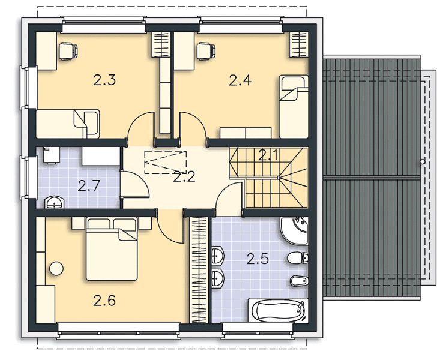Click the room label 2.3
tap(104, 80)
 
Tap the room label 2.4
tap(240, 80)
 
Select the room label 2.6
tap(104, 301)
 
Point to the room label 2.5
tap(258, 259)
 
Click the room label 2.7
tap(89, 186)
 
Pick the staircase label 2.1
tap(269, 155)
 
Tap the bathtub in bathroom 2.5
tap(279, 310)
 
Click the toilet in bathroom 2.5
tap(298, 257)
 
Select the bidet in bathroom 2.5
tap(299, 281)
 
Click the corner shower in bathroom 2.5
tap(294, 230)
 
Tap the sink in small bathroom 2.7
tap(54, 202)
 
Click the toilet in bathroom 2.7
tap(52, 155)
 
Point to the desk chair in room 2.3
tap(68, 51)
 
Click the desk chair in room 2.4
tap(206, 51)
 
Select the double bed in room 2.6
tap(112, 248)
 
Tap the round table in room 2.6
tap(56, 269)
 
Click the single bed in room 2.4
tap(294, 106)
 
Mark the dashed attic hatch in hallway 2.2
tap(166, 162)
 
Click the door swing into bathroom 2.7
tap(134, 184)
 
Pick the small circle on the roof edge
tap(423, 162)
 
